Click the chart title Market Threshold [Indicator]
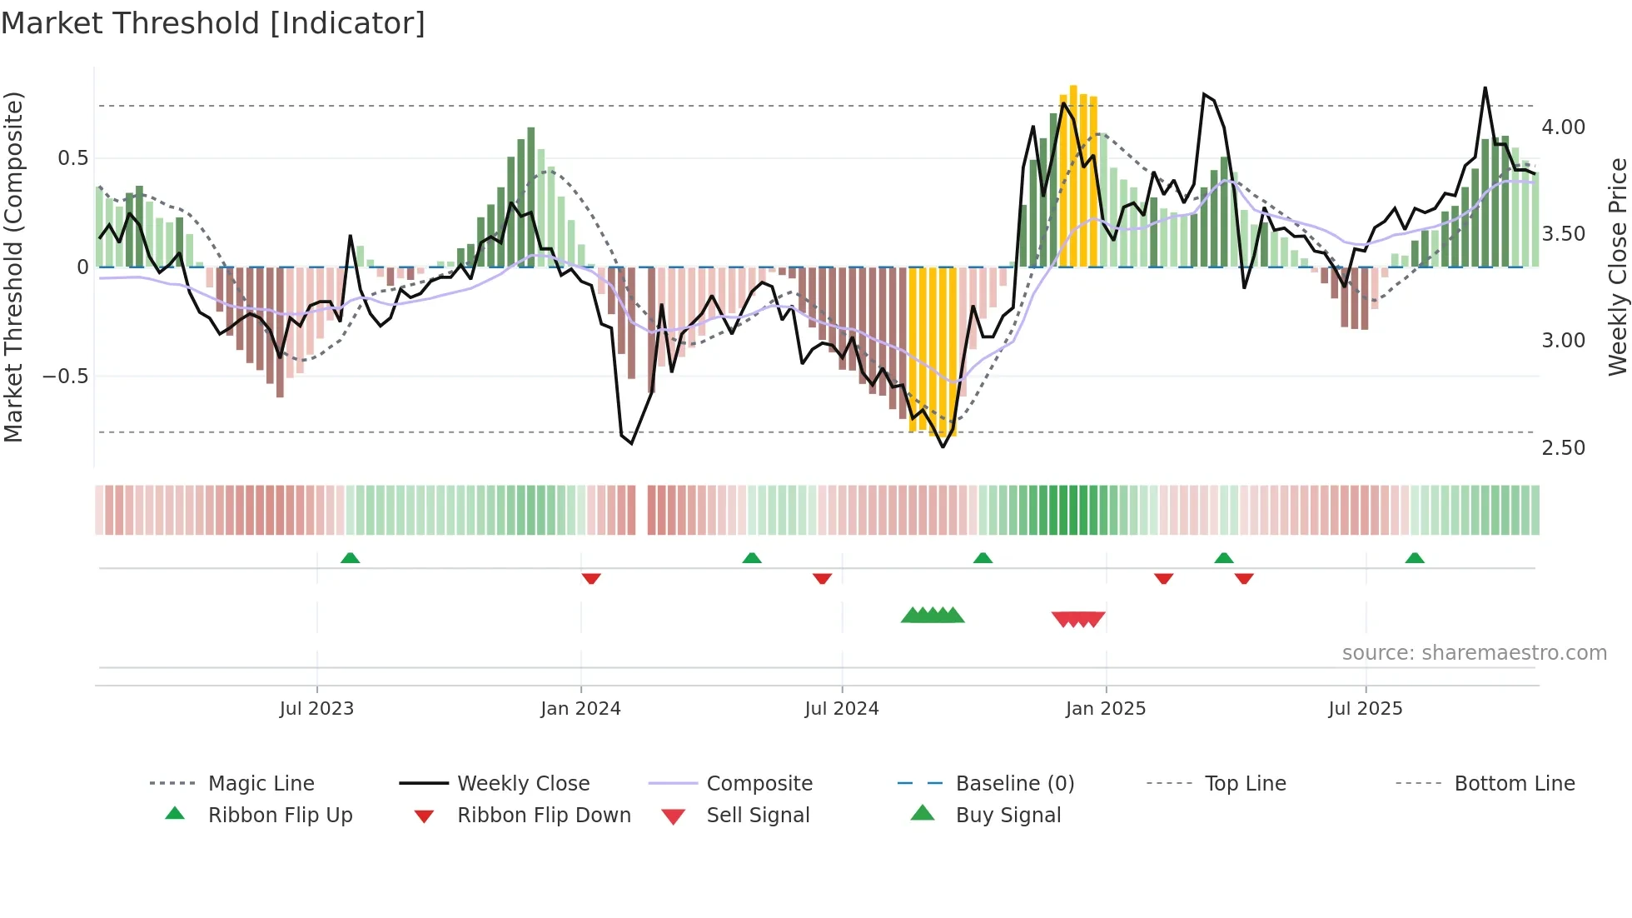pos(213,23)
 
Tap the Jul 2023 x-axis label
pos(316,709)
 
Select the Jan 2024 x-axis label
pos(580,709)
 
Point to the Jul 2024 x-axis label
pos(841,709)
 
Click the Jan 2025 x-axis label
pos(1105,709)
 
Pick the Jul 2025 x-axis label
pos(1365,709)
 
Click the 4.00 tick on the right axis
pos(1563,127)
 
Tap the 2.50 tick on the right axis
pos(1563,448)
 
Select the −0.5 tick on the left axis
pos(65,377)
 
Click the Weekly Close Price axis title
pos(1617,267)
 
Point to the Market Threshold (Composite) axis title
pos(13,267)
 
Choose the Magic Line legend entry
pos(261,784)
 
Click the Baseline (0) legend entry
pos(1014,784)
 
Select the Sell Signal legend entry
pos(757,816)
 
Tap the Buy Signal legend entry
pos(1008,816)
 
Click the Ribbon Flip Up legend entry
pos(280,816)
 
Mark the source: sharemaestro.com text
pos(1474,653)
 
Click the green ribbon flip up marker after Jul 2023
pos(350,558)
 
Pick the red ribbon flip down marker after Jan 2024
pos(591,578)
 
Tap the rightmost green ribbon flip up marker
pos(1414,558)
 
